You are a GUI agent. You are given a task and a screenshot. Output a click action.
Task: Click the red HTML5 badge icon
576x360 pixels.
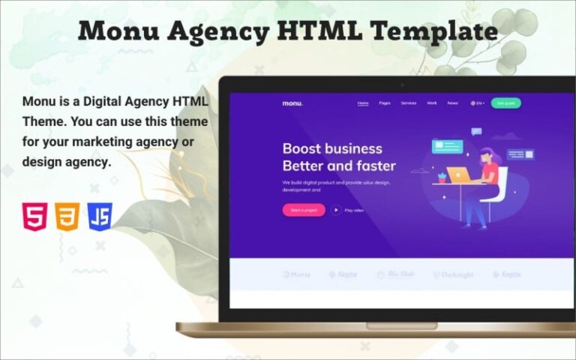click(34, 217)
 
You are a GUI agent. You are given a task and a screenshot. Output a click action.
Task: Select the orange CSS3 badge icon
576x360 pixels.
click(67, 217)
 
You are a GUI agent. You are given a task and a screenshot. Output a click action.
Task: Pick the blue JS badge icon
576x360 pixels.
click(99, 217)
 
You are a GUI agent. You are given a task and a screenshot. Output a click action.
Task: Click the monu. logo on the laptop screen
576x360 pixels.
click(292, 103)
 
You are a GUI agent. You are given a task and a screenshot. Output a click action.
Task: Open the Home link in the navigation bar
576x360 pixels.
click(363, 103)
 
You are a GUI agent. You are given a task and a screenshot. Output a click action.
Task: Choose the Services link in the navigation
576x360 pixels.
click(408, 103)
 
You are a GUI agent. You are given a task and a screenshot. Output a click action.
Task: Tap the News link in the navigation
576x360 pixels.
click(452, 103)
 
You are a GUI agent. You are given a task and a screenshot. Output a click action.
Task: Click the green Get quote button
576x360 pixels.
click(505, 103)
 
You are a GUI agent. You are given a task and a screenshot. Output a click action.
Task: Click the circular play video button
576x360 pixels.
click(337, 210)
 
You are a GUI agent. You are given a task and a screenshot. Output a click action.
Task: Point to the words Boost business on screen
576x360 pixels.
click(331, 148)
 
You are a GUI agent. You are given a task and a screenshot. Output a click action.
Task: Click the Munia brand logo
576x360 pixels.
click(296, 274)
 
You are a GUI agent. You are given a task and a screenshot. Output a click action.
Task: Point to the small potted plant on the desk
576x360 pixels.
click(442, 177)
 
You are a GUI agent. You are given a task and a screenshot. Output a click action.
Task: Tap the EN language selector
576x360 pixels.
click(477, 103)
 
